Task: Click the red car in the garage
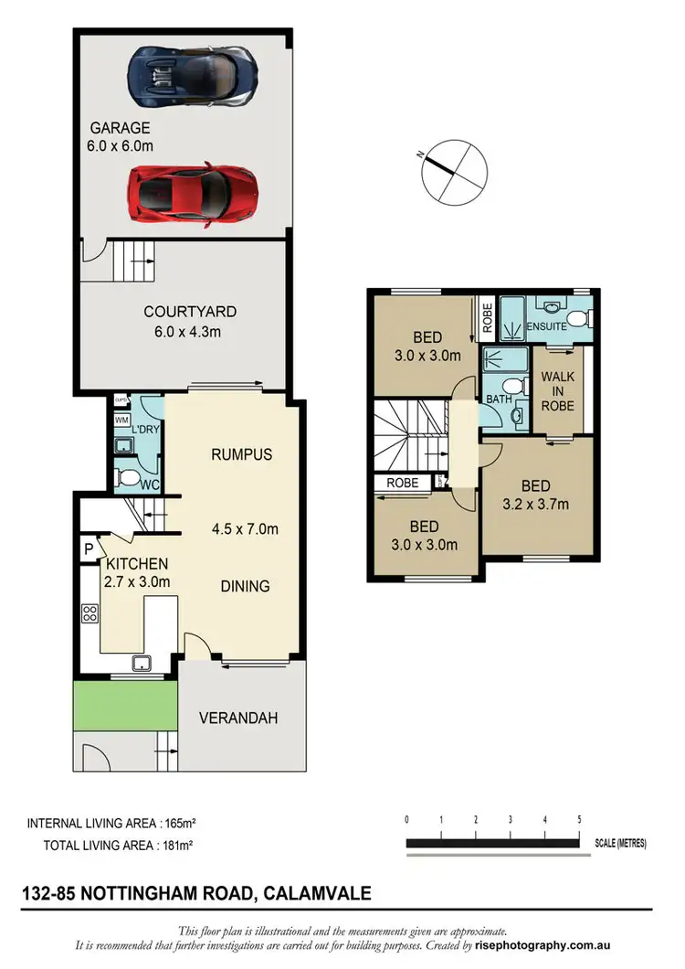193,192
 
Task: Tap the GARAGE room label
120,128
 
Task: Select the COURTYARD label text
185,312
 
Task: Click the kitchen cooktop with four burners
90,613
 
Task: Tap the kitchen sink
143,663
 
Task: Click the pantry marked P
89,548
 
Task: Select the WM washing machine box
121,420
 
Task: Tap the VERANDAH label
238,719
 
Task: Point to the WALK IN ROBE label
557,392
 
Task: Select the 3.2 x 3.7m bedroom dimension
536,504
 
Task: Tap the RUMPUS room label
241,454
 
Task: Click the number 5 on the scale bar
579,819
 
